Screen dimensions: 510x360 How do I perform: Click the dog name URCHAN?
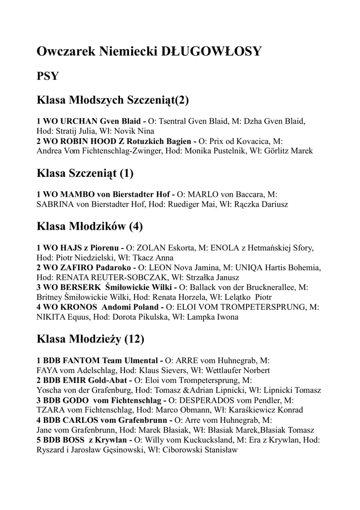80,121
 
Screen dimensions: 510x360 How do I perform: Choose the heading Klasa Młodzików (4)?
90,227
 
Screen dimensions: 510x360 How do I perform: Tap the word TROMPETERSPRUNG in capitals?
265,307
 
